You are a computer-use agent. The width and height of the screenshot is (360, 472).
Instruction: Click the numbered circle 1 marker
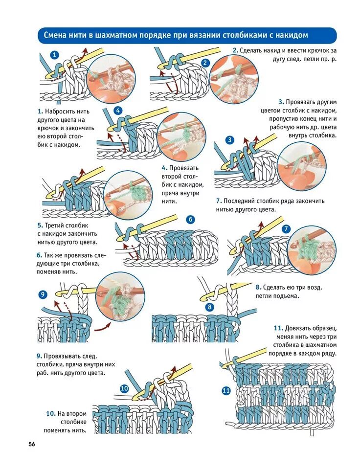pos(55,55)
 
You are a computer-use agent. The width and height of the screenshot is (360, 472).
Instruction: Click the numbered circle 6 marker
pos(190,220)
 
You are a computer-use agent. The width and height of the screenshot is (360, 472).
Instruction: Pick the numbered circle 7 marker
pos(287,228)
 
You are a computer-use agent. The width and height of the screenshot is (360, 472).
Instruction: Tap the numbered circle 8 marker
pos(210,307)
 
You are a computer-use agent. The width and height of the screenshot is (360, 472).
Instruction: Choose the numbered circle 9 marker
pos(43,294)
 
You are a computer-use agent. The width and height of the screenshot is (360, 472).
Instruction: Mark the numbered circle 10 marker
pos(124,388)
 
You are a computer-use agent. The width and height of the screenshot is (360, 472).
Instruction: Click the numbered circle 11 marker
pos(226,390)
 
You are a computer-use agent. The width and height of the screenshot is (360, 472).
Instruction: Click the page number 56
pos(31,444)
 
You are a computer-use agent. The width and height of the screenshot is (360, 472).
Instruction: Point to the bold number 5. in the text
pos(40,226)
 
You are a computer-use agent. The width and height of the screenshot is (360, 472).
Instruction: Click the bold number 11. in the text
pos(278,328)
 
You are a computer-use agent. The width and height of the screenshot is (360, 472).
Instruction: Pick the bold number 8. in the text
pos(258,287)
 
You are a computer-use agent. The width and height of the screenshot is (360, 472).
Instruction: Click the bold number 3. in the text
pos(281,102)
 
